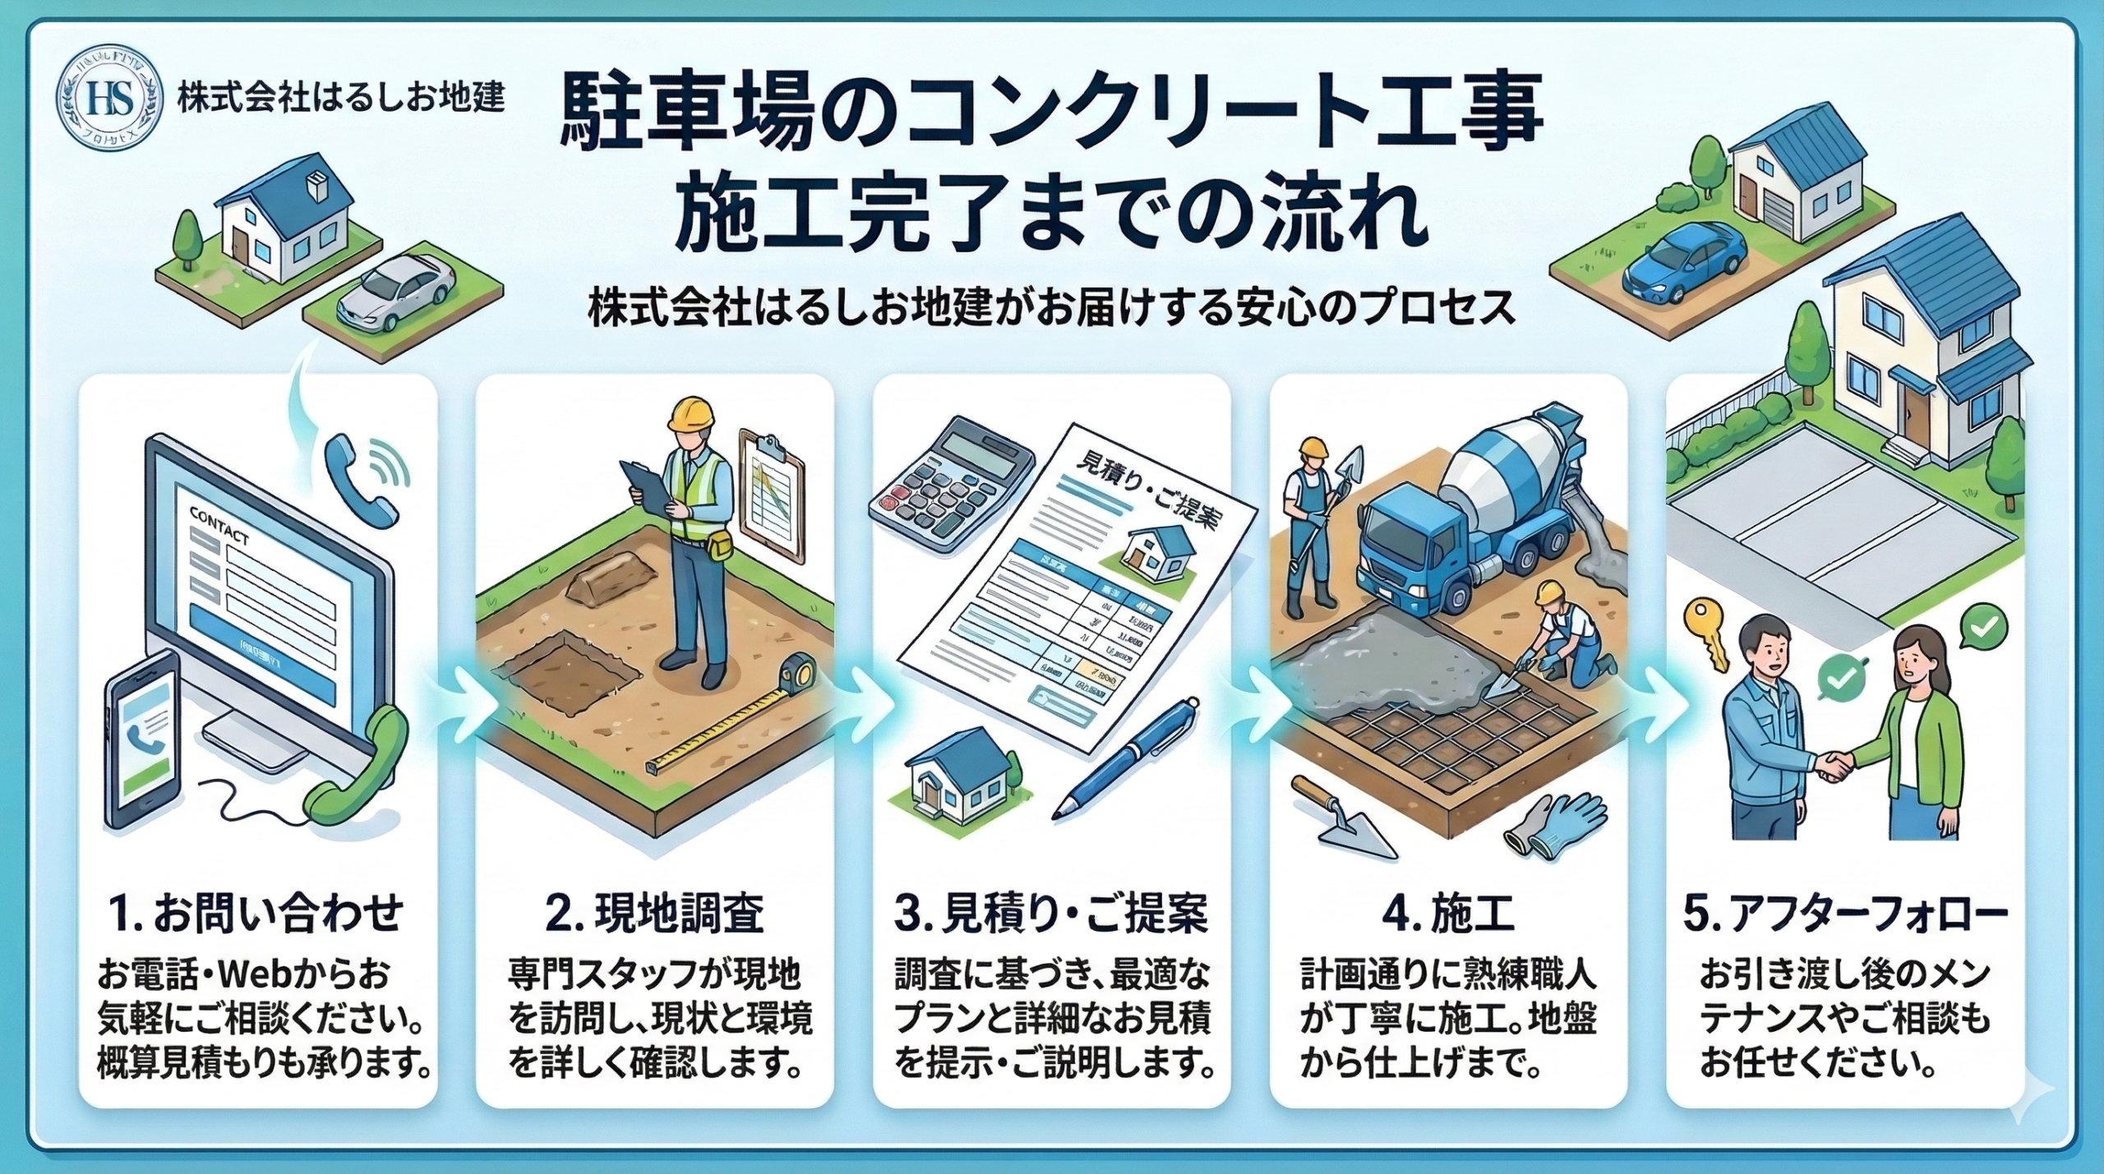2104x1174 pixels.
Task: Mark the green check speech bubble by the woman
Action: click(x=1982, y=628)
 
